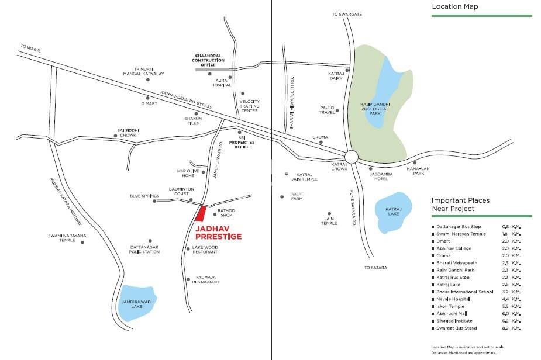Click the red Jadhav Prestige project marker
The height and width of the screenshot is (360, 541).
pyautogui.click(x=201, y=214)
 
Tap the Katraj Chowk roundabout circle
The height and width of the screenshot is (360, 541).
pyautogui.click(x=351, y=156)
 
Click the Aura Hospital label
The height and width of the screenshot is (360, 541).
pyautogui.click(x=225, y=82)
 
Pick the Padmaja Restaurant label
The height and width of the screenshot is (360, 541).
pyautogui.click(x=206, y=279)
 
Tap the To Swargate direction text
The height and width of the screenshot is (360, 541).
pyautogui.click(x=344, y=14)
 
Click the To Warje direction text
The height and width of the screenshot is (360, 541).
pyautogui.click(x=28, y=46)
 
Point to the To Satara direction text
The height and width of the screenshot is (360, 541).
pyautogui.click(x=375, y=268)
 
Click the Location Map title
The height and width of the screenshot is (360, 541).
pyautogui.click(x=455, y=7)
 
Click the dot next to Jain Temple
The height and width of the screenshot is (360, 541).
pyautogui.click(x=330, y=214)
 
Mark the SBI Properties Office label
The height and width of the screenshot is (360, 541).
pyautogui.click(x=240, y=144)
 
